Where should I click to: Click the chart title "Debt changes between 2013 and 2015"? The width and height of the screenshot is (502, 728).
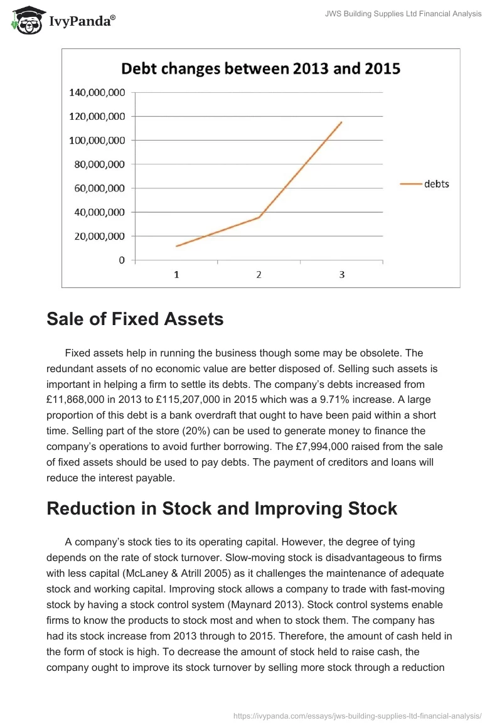[x=260, y=68]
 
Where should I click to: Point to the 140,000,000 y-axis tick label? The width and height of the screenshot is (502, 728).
[x=97, y=93]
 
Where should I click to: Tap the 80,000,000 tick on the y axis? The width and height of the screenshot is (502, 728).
[x=97, y=164]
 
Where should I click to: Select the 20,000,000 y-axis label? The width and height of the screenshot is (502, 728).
[x=97, y=236]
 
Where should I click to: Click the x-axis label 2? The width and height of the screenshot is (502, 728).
[x=259, y=274]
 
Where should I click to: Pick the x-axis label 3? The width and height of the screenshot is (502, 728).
[x=341, y=274]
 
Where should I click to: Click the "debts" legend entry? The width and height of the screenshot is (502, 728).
[x=436, y=184]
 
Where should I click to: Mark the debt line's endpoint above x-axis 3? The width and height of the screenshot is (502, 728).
[x=341, y=122]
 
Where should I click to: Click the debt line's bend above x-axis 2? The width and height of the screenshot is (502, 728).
[x=259, y=217]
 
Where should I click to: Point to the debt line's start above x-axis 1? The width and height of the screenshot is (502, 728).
[x=176, y=246]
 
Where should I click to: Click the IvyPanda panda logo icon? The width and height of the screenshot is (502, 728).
[x=26, y=19]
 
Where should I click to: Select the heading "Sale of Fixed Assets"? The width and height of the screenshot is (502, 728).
[x=135, y=319]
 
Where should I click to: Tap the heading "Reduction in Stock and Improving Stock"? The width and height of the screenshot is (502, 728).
[x=222, y=508]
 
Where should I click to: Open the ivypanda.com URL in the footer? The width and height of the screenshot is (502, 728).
[x=357, y=715]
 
